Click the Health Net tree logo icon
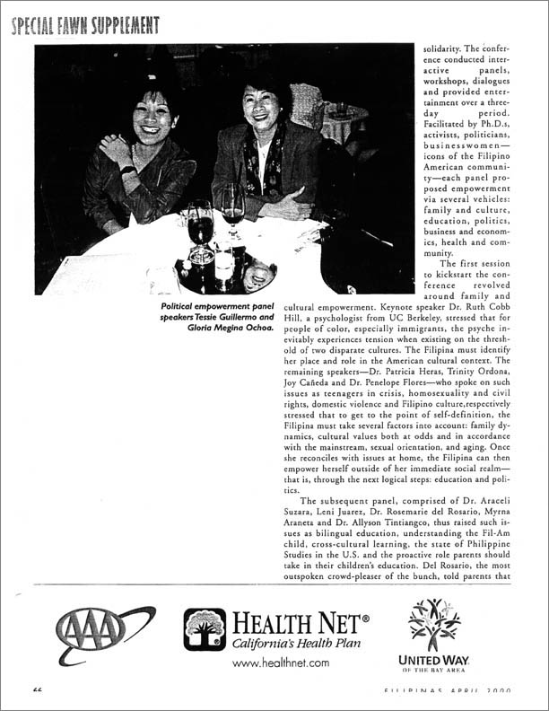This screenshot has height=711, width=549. coord(205,629)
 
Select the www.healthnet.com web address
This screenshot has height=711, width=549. coord(281,663)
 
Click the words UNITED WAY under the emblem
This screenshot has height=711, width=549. coord(434,661)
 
